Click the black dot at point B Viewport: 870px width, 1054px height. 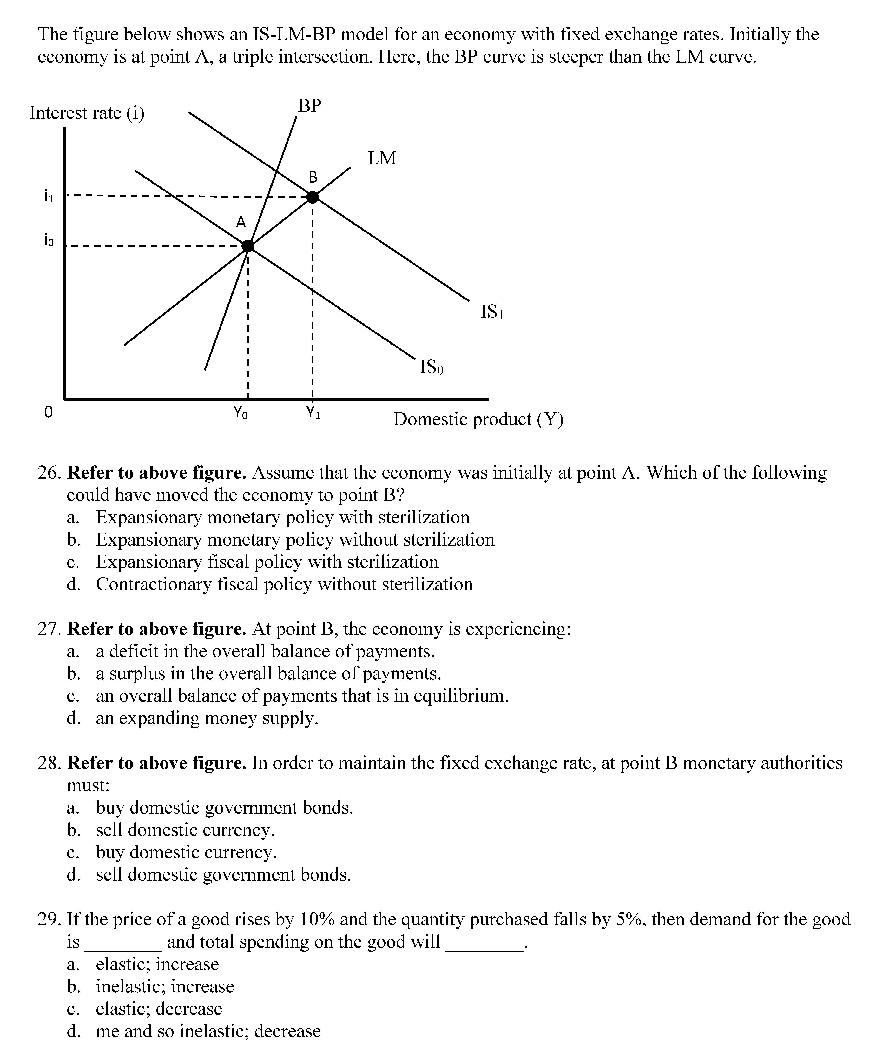(x=312, y=197)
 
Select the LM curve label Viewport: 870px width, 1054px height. (x=382, y=158)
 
